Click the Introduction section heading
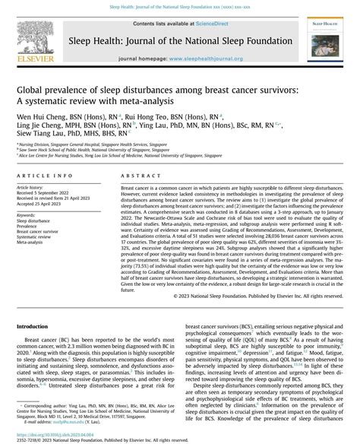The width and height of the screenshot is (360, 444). click(38, 325)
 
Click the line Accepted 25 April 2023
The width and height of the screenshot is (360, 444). click(43, 205)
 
